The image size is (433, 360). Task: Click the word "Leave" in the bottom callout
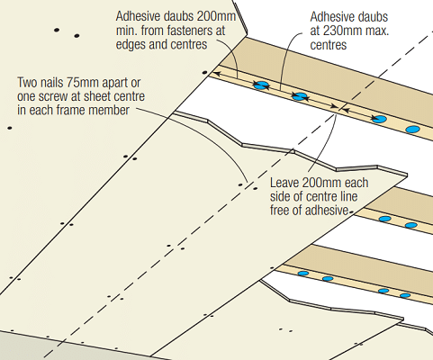(x=284, y=183)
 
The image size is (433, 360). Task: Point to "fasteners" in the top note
(x=196, y=31)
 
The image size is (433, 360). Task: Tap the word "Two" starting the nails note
(x=26, y=82)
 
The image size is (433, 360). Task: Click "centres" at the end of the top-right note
(x=329, y=45)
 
